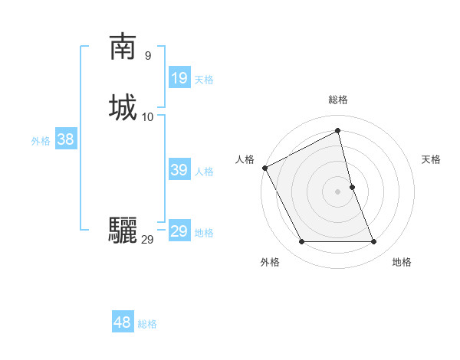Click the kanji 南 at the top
(x=123, y=47)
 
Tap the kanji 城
(x=123, y=107)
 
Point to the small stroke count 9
(x=147, y=55)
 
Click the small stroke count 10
(x=148, y=116)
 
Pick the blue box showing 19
(x=179, y=78)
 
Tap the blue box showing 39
(x=179, y=170)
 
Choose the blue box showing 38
(x=65, y=139)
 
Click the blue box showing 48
(x=123, y=322)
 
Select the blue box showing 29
(x=179, y=231)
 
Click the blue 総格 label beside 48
(x=147, y=324)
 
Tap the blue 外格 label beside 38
(x=41, y=141)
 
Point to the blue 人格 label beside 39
(x=205, y=172)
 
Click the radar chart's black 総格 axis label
(x=338, y=100)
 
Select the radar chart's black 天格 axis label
(x=431, y=159)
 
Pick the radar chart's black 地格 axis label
(x=402, y=262)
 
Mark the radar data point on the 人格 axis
(x=264, y=168)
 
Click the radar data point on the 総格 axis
(x=338, y=130)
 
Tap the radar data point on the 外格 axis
(x=301, y=242)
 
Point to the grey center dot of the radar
(x=338, y=191)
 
